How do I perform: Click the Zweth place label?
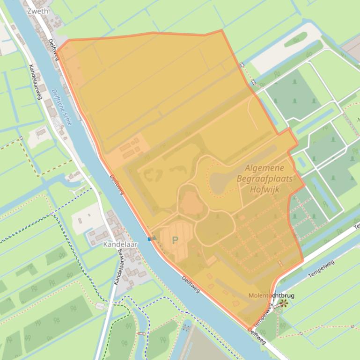tap(38, 11)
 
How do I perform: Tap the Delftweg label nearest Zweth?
tap(54, 49)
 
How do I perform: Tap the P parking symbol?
tap(175, 240)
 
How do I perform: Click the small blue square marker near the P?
tap(149, 239)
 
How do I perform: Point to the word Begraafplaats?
tap(264, 179)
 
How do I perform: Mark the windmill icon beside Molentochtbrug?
tap(283, 303)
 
